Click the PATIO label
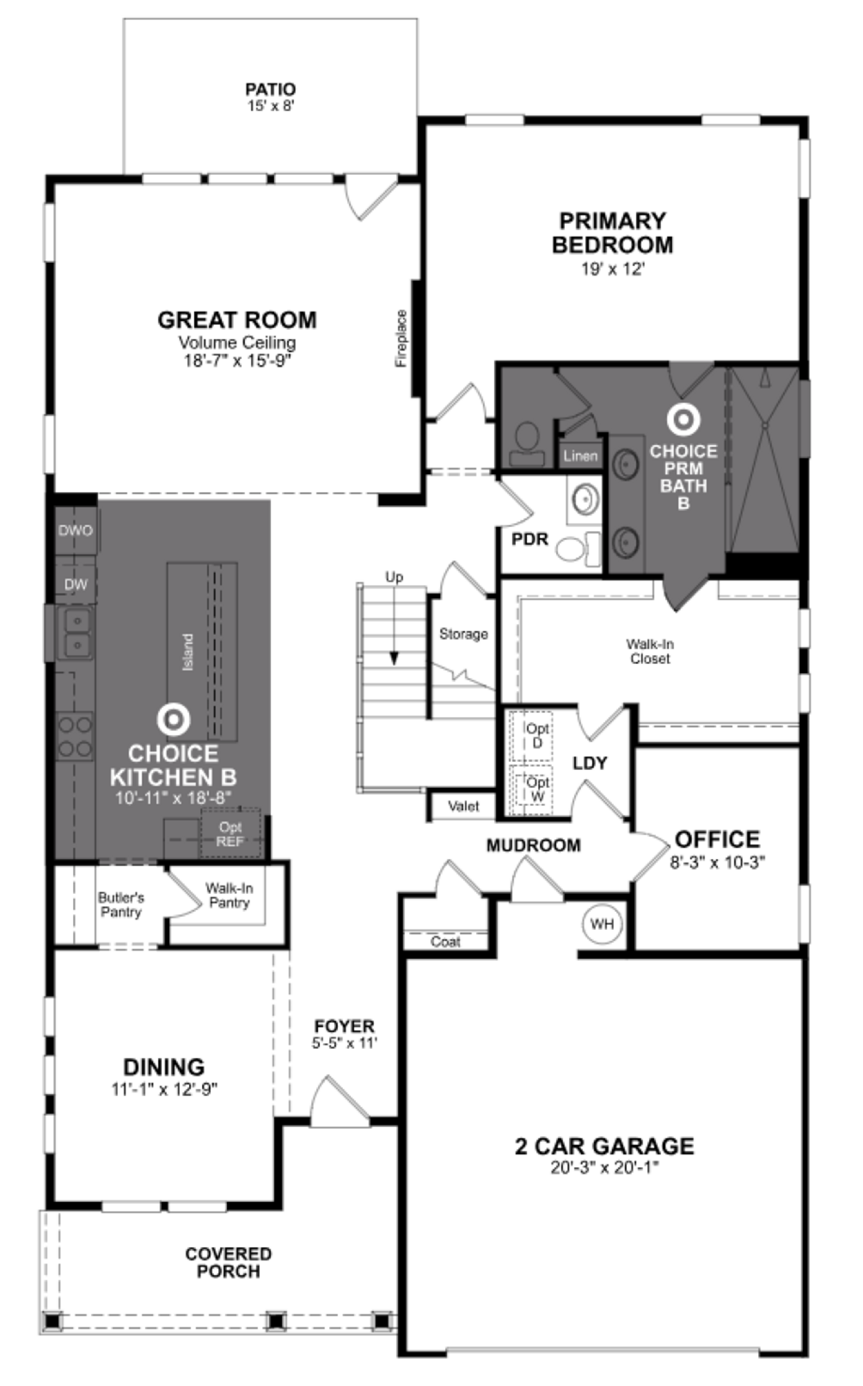pos(271,90)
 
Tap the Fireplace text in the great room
pos(402,338)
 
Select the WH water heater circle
pos(602,923)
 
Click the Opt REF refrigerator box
pos(230,833)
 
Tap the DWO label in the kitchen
pos(75,530)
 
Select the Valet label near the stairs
pos(463,806)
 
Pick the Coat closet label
pos(445,941)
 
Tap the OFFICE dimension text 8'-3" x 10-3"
pos(717,862)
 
